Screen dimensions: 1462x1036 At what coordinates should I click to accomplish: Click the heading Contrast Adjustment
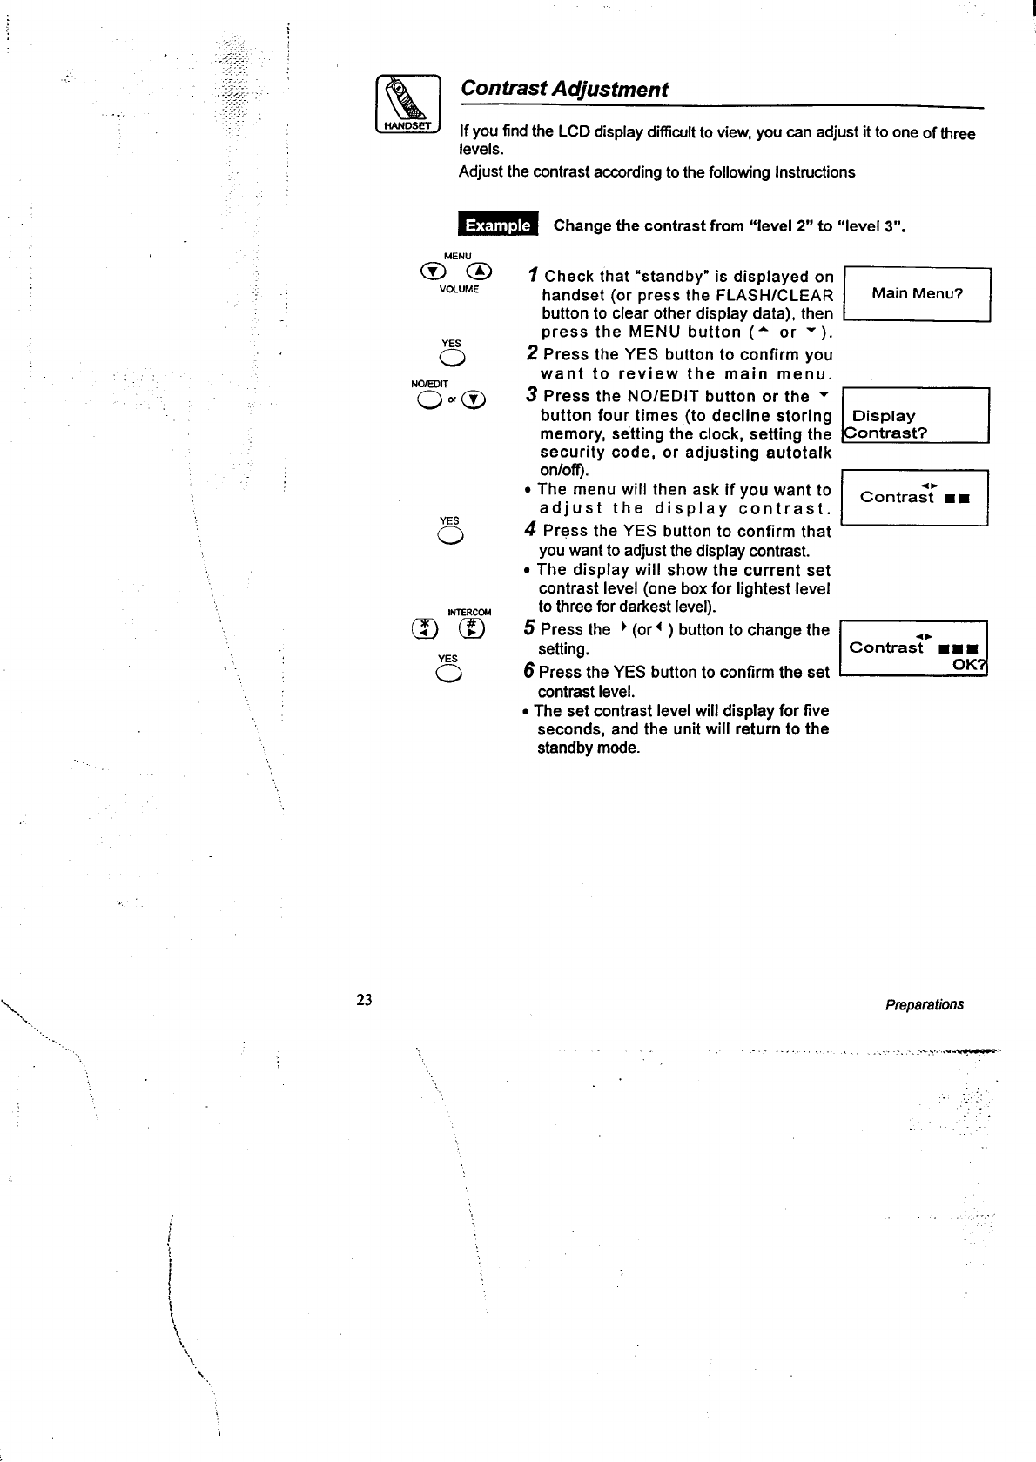pyautogui.click(x=564, y=89)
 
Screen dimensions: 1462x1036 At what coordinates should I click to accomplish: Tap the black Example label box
pyautogui.click(x=498, y=225)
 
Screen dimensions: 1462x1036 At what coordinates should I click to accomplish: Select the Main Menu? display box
pyautogui.click(x=917, y=293)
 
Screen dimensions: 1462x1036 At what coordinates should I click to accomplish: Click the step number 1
pyautogui.click(x=532, y=277)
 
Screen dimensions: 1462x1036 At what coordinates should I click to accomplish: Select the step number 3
pyautogui.click(x=532, y=396)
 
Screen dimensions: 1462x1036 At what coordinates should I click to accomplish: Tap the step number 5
pyautogui.click(x=529, y=629)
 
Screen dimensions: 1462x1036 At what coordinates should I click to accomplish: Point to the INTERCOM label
pyautogui.click(x=468, y=612)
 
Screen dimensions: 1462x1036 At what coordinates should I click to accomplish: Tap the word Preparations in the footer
pyautogui.click(x=924, y=1004)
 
